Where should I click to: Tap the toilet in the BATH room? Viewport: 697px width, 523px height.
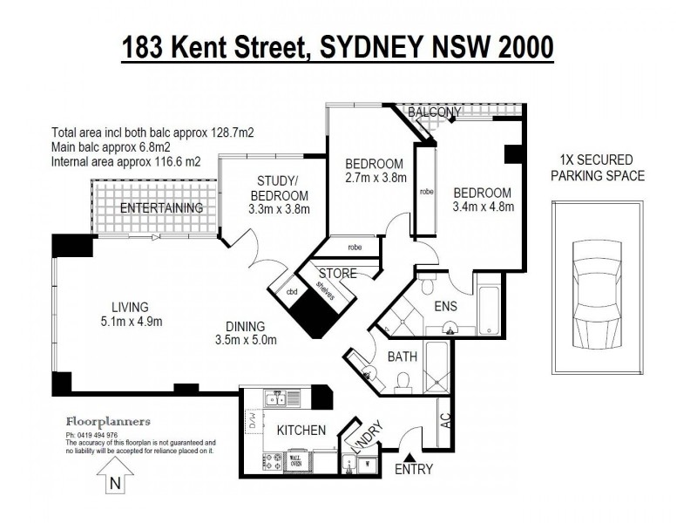click(x=402, y=380)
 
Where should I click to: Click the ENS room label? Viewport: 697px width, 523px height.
click(x=447, y=307)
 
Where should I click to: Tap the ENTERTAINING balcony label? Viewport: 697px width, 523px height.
click(x=161, y=208)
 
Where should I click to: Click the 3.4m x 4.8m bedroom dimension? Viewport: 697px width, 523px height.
click(x=484, y=207)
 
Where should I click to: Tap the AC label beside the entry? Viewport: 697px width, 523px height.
click(x=445, y=420)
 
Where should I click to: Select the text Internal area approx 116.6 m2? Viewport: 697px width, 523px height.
click(x=125, y=162)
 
